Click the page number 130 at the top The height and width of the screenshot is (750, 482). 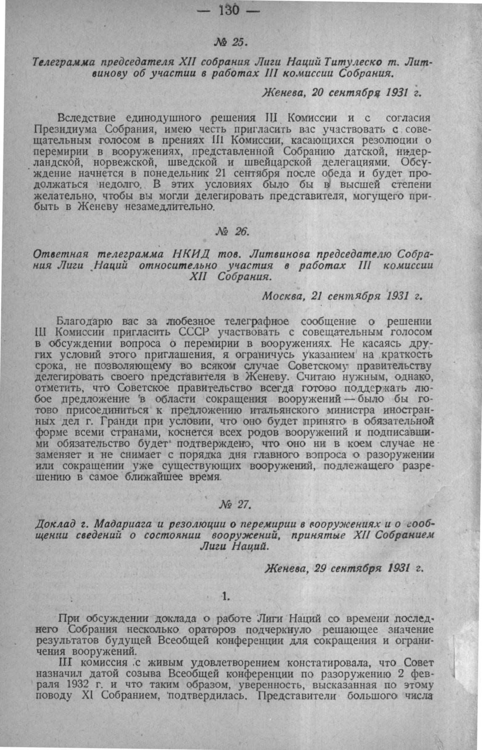[x=229, y=10]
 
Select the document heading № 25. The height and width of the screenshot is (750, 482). [x=232, y=42]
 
